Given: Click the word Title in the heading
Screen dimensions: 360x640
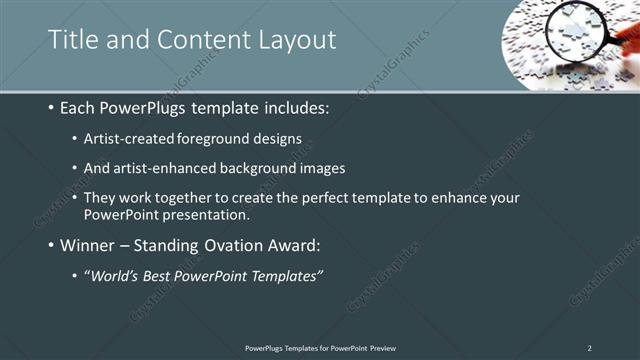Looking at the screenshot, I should pos(72,39).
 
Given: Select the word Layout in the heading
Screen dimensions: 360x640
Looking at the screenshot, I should pos(297,39).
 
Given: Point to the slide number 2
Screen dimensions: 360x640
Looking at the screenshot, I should pos(589,347).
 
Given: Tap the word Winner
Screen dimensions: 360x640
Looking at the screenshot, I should pos(87,244).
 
